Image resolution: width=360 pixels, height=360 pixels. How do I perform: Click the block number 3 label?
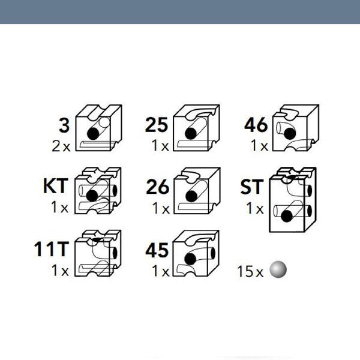tap(64, 125)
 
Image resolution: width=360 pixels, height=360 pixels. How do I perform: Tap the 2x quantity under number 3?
tap(61, 146)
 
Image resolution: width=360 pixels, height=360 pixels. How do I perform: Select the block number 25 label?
tap(157, 125)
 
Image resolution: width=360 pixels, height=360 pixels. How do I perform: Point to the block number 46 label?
tap(256, 125)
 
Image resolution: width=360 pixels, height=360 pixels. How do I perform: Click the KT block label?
tap(56, 186)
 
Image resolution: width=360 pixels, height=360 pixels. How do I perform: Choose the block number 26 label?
tap(157, 187)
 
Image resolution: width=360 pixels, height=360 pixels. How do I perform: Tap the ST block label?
tap(251, 187)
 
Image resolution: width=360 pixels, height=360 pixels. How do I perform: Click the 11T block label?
tap(52, 249)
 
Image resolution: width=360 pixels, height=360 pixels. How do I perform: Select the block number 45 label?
tap(157, 250)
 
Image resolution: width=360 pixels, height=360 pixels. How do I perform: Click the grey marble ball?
tap(278, 269)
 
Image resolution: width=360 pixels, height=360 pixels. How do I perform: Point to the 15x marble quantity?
tap(250, 271)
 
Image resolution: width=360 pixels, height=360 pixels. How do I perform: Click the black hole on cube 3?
tap(93, 134)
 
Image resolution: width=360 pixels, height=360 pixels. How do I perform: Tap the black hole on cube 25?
tap(191, 133)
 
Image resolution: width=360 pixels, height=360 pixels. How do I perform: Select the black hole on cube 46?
tap(290, 134)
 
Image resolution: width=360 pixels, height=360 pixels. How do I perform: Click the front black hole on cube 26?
tap(191, 196)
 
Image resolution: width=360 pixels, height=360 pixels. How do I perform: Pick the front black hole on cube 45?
tap(190, 259)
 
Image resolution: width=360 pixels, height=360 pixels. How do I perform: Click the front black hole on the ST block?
tap(287, 216)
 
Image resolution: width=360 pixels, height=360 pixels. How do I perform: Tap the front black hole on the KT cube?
tap(92, 196)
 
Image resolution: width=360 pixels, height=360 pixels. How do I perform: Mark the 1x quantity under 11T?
tap(59, 270)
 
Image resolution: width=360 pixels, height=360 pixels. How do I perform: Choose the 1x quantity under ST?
tap(254, 208)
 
